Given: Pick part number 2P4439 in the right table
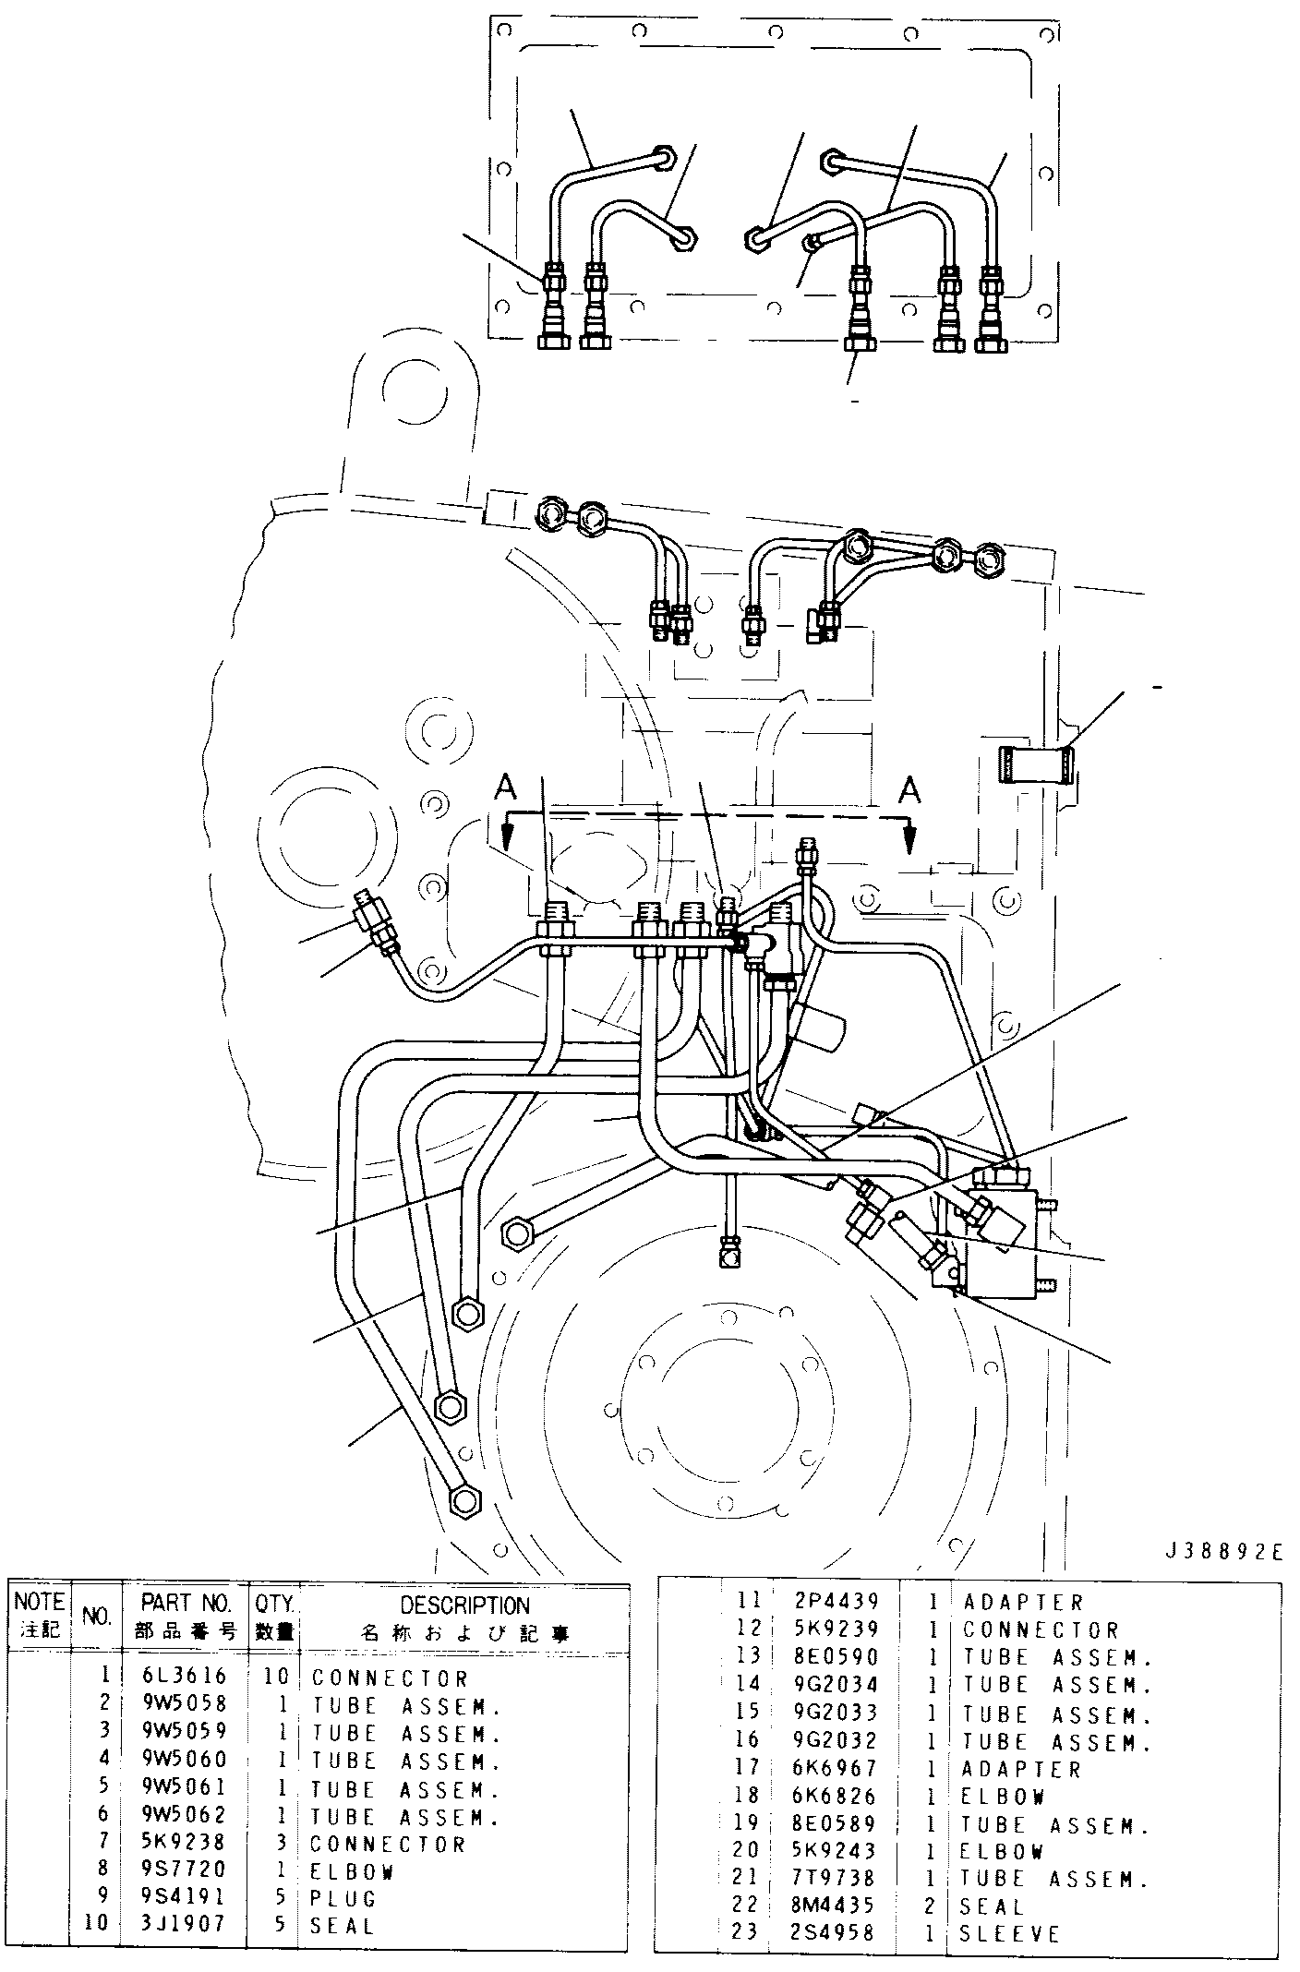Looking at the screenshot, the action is pos(837,1602).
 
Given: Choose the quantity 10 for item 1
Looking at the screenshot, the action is pos(277,1677).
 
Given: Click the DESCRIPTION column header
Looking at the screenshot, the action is pos(465,1605).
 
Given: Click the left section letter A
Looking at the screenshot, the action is pos(505,788).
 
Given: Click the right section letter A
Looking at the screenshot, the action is pos(910,790).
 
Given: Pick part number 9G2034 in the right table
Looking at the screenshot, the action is pos(837,1685).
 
